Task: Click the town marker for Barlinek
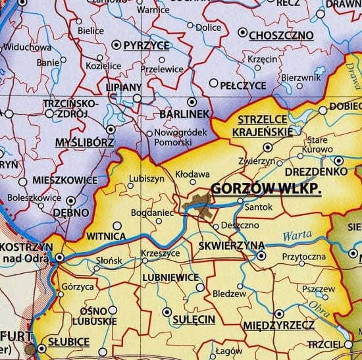click(192, 102)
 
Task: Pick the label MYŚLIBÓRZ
click(85, 142)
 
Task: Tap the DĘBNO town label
click(72, 213)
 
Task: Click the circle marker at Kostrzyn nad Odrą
click(59, 258)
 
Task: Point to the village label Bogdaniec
click(151, 213)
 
